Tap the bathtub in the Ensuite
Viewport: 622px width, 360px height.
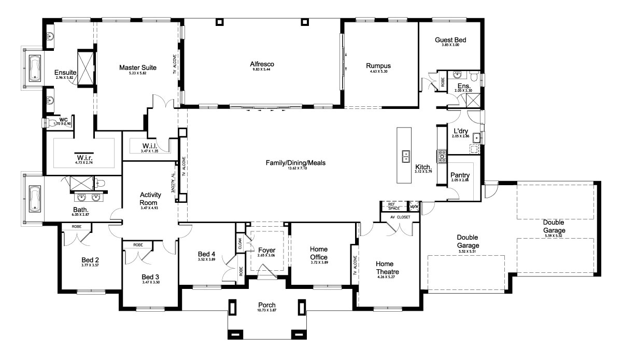pyautogui.click(x=35, y=67)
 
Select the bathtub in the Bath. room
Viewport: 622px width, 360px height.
pyautogui.click(x=35, y=198)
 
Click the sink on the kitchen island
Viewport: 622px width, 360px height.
pyautogui.click(x=406, y=154)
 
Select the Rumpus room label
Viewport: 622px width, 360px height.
pyautogui.click(x=378, y=66)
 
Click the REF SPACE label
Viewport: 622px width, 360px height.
pyautogui.click(x=392, y=206)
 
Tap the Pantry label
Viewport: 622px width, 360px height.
pyautogui.click(x=460, y=175)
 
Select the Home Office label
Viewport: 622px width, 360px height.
pyautogui.click(x=318, y=253)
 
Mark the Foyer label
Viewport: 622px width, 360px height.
pyautogui.click(x=266, y=250)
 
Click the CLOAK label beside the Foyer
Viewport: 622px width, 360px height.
pyautogui.click(x=240, y=244)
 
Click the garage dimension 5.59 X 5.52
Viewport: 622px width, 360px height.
pyautogui.click(x=554, y=236)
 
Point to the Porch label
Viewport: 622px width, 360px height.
pyautogui.click(x=266, y=304)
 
